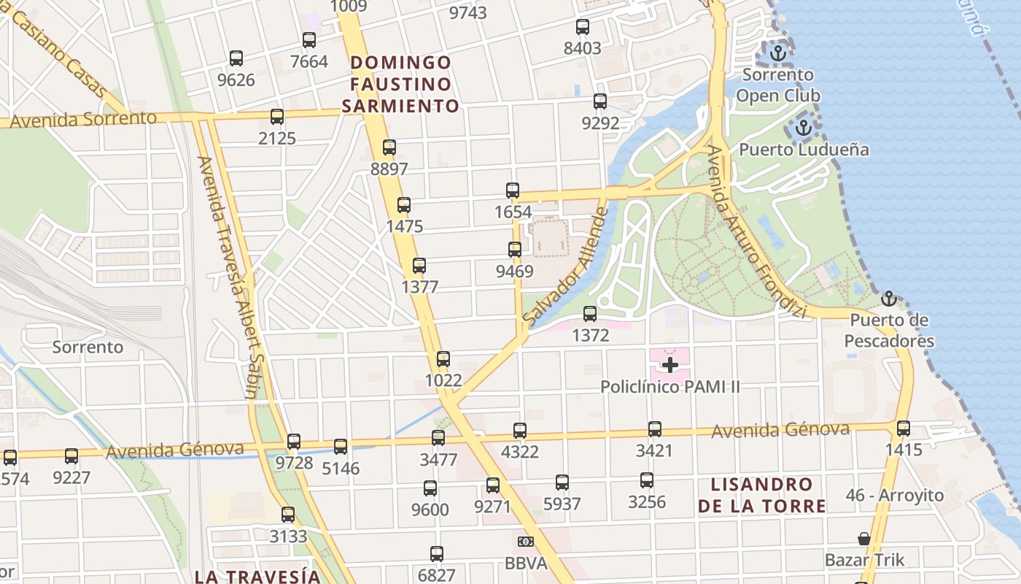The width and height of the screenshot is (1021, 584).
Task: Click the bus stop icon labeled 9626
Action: pos(236,58)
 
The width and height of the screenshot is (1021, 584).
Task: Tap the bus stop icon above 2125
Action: pos(277,116)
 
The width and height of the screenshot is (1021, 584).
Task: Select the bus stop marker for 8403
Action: pos(583,27)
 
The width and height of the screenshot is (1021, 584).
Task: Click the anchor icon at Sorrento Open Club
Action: pos(778,53)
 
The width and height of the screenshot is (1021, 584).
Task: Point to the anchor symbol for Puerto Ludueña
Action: pos(803,128)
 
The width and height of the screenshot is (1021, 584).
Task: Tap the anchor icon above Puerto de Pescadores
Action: pos(888,299)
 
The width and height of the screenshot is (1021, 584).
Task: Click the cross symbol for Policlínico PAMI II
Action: pos(669,364)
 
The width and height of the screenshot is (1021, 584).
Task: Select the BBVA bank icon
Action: pos(525,542)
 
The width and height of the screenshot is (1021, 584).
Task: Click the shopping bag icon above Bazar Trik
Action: pos(864,539)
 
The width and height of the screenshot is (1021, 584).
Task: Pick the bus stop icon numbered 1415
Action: pos(904,429)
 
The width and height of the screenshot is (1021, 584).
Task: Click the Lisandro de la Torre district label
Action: pos(761,495)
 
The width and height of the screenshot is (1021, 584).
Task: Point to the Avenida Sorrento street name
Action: pos(83,119)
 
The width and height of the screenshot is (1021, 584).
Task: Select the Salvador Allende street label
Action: pos(565,266)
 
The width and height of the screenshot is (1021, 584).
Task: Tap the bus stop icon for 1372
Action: pos(590,314)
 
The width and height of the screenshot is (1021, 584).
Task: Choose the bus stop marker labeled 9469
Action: pos(515,250)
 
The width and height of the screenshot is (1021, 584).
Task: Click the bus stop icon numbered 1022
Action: pos(443,359)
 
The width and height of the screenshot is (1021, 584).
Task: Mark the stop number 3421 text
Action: pos(653,450)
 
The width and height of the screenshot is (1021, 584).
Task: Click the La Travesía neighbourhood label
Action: pos(257,575)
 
